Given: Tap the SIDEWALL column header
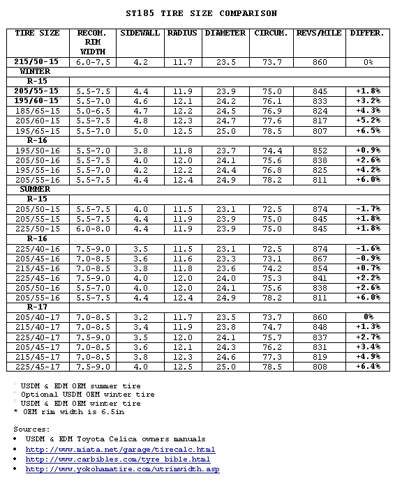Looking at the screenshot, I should coord(140,33).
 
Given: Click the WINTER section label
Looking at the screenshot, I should coord(35,72).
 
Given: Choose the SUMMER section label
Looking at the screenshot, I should coord(35,189).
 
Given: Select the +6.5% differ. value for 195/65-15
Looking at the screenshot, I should coord(367,130).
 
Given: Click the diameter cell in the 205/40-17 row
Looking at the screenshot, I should coord(225,317).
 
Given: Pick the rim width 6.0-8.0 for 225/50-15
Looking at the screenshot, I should coord(93,229).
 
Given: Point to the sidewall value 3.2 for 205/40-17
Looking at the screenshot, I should coord(140,317).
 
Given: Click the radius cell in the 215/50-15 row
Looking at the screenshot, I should coord(183,62).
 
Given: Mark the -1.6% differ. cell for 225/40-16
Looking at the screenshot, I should coord(367,248).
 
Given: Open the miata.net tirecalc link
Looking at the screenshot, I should coord(120,450).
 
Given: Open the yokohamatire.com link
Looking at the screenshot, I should coord(122,469).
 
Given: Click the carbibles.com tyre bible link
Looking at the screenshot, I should coord(118,459).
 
